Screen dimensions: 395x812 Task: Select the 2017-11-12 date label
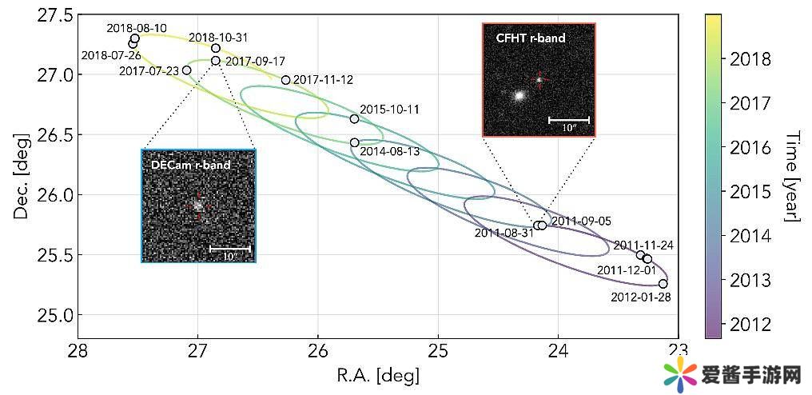323,80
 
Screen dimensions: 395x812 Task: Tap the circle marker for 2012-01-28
663,284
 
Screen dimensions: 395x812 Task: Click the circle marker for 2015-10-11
355,119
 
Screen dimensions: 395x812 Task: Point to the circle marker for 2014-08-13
355,142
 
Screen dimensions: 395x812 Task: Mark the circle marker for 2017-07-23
187,70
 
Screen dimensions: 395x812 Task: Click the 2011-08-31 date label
504,233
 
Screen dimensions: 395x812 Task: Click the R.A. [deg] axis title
378,375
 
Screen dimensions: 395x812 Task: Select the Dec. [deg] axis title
22,175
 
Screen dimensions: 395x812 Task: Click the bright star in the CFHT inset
519,95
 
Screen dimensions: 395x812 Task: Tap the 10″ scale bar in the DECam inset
230,249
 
